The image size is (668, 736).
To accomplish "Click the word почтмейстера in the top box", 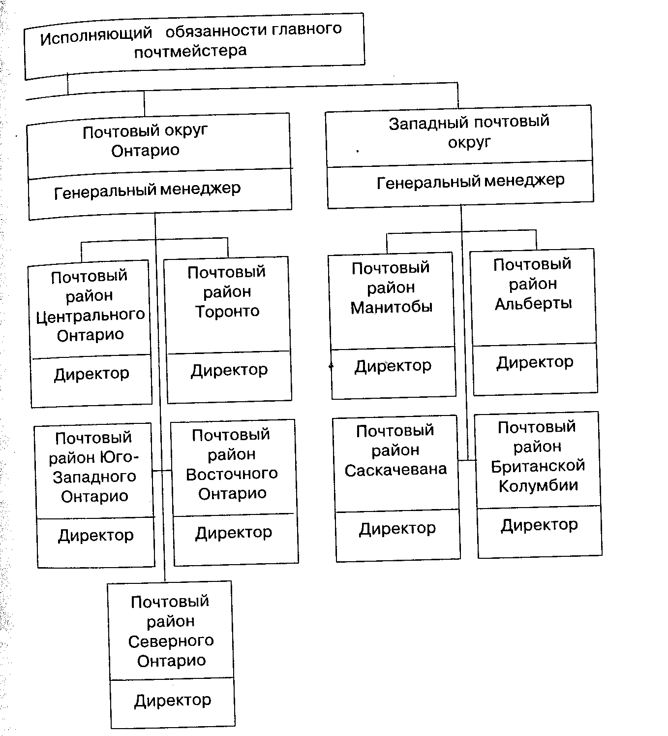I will [190, 51].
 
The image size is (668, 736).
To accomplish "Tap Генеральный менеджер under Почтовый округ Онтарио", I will [147, 190].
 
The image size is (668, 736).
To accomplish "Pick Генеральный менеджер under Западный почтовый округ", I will [470, 182].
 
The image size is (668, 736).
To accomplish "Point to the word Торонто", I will [227, 311].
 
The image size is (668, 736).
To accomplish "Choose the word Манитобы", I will [392, 307].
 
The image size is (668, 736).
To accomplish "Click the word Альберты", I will [533, 303].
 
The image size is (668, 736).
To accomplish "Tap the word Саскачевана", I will [395, 470].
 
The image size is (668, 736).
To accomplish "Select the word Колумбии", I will [538, 486].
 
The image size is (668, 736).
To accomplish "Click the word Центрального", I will [91, 315].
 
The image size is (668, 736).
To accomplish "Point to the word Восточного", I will [232, 474].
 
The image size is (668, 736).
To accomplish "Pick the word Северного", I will [171, 641].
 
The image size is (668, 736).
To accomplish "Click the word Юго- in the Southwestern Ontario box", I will [120, 457].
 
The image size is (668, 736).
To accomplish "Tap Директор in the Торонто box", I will [229, 370].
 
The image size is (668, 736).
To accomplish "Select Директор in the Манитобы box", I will [393, 366].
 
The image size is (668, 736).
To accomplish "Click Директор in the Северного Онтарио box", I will [172, 700].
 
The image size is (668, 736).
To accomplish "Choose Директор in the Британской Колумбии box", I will [539, 525].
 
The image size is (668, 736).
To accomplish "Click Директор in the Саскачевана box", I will [397, 529].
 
